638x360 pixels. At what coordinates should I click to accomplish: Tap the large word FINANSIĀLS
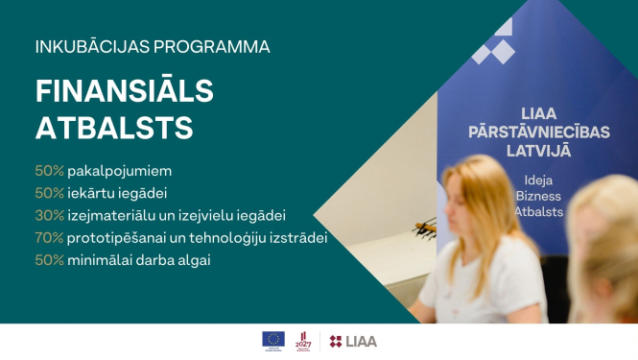pos(125,90)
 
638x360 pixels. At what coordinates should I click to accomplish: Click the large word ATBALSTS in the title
pos(114,128)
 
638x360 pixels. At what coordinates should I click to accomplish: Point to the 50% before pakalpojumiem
pos(49,171)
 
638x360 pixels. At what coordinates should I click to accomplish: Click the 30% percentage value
pos(49,215)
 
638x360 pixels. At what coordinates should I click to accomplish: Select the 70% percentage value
pos(49,237)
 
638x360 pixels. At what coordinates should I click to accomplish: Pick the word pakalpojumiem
pos(119,171)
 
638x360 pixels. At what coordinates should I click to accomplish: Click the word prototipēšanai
pos(116,237)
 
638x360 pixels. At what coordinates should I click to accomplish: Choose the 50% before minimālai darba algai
pos(49,259)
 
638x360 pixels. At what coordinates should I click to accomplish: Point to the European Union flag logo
pos(273,339)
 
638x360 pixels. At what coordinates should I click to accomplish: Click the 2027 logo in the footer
pos(304,339)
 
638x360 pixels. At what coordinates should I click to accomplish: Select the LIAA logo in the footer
pos(354,340)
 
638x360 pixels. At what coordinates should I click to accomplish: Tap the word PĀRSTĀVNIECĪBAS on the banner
pos(538,133)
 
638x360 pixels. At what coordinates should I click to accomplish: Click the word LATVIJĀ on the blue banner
pos(539,152)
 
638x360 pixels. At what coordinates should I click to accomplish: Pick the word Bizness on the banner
pos(539,195)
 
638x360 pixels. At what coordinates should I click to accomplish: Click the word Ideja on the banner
pos(539,180)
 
